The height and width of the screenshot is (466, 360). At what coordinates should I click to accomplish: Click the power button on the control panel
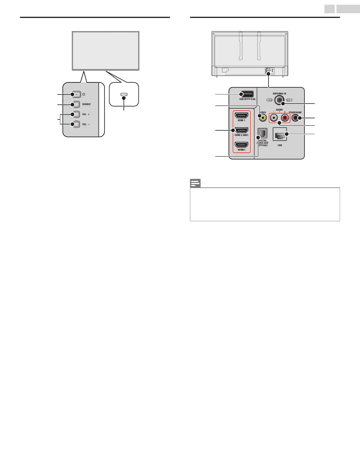point(76,94)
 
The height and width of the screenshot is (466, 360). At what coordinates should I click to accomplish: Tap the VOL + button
point(76,114)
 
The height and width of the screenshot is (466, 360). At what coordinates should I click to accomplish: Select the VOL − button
point(76,124)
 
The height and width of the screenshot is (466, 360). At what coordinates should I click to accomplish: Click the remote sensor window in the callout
point(124,94)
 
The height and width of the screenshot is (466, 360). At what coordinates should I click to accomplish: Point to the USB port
point(246,94)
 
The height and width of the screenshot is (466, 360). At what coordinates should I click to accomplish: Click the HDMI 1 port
point(241,115)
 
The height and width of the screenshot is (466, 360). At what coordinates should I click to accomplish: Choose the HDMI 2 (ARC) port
point(241,130)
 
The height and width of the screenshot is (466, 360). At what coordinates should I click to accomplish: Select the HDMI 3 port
point(241,145)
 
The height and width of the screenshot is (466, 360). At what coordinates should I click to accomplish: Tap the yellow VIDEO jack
point(263,118)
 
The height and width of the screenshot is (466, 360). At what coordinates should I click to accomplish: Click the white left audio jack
point(274,118)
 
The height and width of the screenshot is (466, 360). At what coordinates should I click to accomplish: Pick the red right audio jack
point(285,118)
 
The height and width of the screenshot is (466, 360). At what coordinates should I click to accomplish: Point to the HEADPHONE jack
point(296,118)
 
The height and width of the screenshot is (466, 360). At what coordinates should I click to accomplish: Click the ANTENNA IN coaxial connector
point(279,100)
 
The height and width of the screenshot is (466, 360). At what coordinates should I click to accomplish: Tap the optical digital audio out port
point(262,134)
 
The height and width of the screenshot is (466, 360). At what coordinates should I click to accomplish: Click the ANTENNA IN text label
point(279,94)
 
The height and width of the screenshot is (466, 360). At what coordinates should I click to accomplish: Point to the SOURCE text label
point(86,104)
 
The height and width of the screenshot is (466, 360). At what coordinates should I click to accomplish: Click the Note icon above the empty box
point(195,183)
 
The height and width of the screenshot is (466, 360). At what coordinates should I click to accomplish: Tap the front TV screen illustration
point(106,51)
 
